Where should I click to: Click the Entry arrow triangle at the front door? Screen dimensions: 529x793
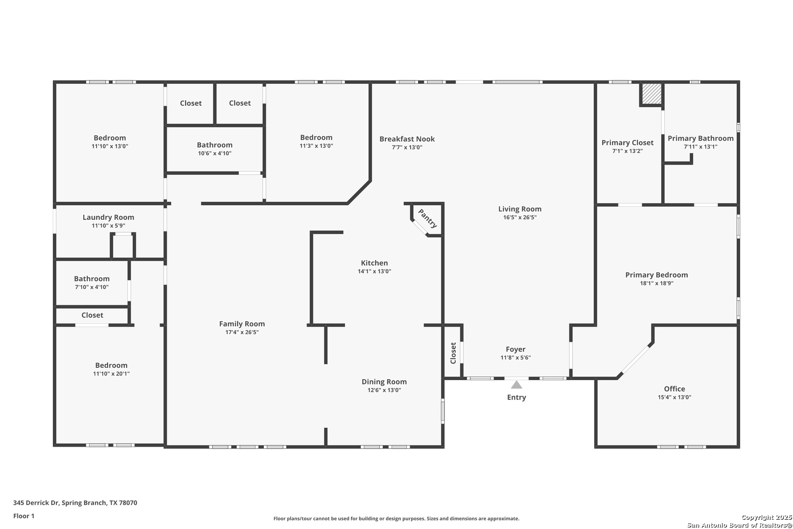(516, 385)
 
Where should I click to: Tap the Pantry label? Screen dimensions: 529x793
(427, 218)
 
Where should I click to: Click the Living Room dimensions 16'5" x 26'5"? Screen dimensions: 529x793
(520, 217)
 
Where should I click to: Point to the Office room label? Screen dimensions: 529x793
(674, 389)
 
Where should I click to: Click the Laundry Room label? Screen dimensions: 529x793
(108, 217)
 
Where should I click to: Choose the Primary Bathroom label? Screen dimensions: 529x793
(700, 139)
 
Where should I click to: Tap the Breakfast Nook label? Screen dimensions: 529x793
(407, 139)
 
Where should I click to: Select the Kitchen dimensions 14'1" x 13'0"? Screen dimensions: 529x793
(374, 271)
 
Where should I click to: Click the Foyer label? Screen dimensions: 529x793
(515, 349)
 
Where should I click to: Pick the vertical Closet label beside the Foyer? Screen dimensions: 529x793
(453, 353)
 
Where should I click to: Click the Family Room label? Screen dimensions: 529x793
(242, 324)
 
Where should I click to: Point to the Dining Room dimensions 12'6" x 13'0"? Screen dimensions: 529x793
(384, 390)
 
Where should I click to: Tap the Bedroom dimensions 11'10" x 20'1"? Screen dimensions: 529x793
(111, 374)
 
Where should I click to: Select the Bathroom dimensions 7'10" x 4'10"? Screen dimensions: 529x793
(92, 287)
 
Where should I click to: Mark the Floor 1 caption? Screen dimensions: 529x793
(23, 516)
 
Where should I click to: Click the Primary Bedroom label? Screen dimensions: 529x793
(656, 275)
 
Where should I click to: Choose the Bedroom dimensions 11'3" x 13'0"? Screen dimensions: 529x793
(316, 146)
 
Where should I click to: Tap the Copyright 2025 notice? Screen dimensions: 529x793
(766, 517)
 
